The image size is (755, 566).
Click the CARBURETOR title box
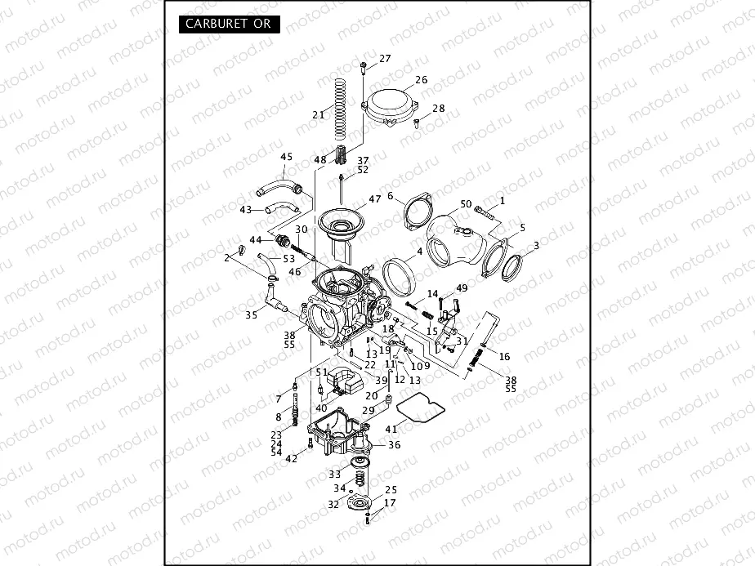click(x=228, y=24)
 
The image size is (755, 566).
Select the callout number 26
click(x=421, y=80)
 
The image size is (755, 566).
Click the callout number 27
click(x=385, y=58)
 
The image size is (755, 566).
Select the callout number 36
click(x=395, y=445)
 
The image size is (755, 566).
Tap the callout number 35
click(x=252, y=313)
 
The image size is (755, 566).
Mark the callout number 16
click(x=504, y=356)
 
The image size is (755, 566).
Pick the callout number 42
click(x=292, y=458)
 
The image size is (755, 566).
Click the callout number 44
click(x=256, y=240)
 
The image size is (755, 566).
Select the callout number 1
click(x=503, y=200)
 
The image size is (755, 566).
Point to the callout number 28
click(x=439, y=109)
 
